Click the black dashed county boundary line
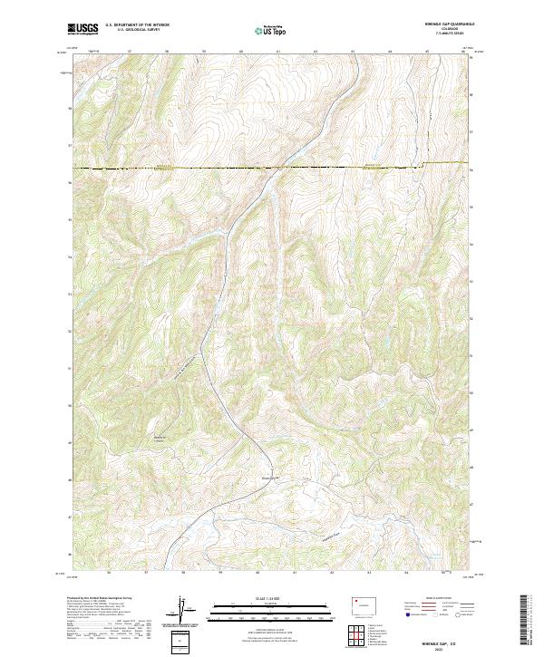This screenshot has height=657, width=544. (181, 169)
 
